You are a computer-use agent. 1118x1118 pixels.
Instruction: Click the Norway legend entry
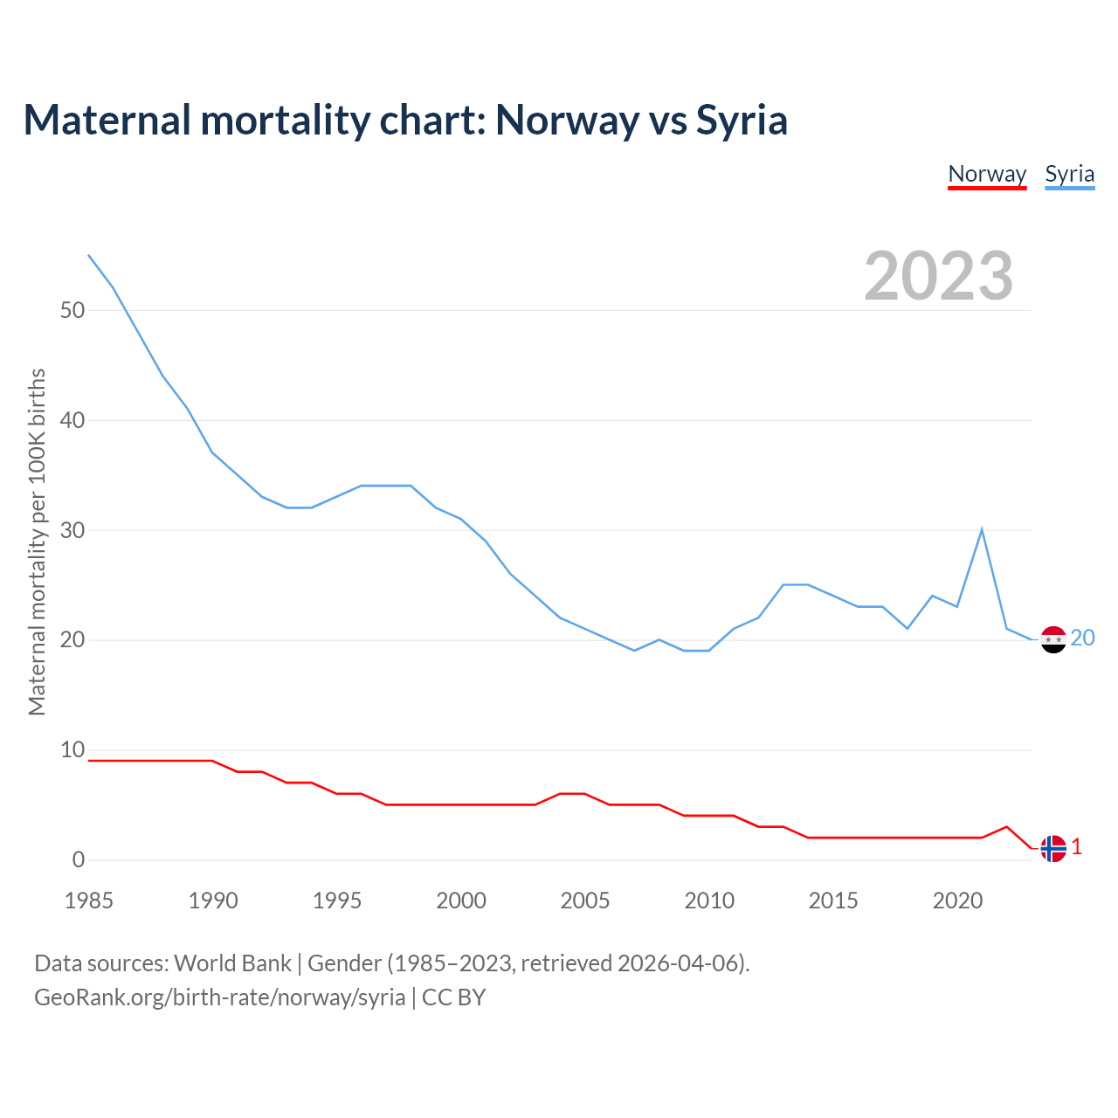pos(987,174)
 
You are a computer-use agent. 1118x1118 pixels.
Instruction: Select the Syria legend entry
pos(1069,174)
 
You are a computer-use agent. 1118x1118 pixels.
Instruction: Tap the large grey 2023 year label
pos(939,276)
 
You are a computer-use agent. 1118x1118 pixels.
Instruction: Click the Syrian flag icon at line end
pos(1053,639)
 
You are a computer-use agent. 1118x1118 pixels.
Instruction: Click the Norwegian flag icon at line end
pos(1053,848)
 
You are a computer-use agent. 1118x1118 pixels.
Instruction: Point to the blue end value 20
pos(1082,638)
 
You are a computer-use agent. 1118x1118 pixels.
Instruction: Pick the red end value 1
pos(1077,847)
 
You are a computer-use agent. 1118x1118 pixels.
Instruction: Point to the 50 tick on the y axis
pos(72,311)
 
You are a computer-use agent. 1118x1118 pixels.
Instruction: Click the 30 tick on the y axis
pos(72,531)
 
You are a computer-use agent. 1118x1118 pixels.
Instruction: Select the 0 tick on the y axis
pos(79,860)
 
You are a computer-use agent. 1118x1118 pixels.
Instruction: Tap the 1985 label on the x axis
pos(89,901)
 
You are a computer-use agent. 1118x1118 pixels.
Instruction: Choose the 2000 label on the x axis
pos(461,901)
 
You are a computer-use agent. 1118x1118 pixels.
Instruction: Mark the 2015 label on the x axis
pos(833,901)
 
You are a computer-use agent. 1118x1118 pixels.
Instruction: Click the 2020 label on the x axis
pos(957,901)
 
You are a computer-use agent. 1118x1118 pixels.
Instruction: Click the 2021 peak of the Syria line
pos(982,529)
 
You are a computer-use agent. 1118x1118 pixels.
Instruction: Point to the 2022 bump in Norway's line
pos(1006,827)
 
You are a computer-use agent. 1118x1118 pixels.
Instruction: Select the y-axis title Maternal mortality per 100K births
pos(37,542)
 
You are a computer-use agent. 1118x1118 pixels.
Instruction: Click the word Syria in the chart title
pos(742,121)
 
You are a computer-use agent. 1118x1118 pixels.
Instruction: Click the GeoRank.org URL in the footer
pos(219,997)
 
